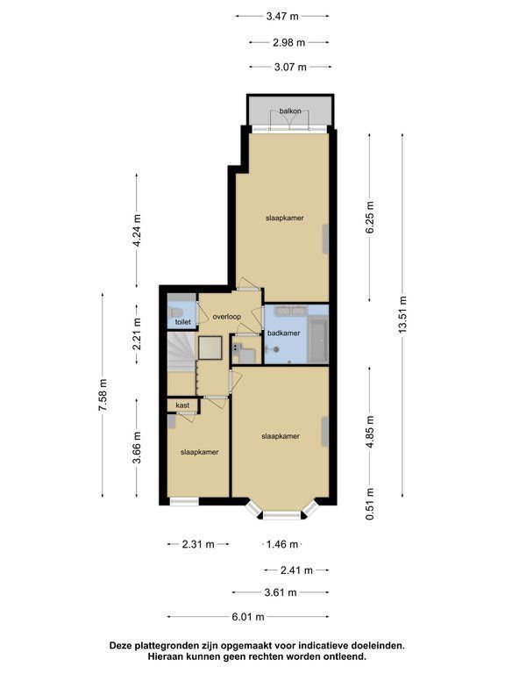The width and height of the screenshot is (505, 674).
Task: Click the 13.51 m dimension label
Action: click(x=402, y=315)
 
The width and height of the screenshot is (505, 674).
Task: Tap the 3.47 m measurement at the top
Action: click(x=282, y=17)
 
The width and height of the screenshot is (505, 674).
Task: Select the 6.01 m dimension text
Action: click(x=248, y=617)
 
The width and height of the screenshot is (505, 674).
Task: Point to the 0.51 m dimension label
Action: click(x=370, y=504)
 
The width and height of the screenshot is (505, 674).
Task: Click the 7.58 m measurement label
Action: click(x=103, y=395)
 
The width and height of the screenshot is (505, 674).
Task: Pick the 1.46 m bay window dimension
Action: click(x=282, y=544)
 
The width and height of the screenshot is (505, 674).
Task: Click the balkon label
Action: click(x=290, y=111)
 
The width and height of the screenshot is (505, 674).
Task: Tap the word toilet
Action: click(x=183, y=321)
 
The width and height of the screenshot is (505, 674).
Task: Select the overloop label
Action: click(x=227, y=317)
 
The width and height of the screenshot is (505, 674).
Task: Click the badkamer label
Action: click(x=283, y=333)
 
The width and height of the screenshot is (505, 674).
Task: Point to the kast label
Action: click(x=182, y=405)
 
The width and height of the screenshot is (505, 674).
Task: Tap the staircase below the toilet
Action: click(x=181, y=352)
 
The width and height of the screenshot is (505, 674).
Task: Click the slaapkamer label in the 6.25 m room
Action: click(x=284, y=218)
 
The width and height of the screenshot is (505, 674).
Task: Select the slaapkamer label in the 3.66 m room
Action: click(x=199, y=452)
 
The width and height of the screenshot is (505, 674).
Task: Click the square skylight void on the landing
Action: click(x=210, y=348)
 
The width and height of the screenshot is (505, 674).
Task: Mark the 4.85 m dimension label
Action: click(x=370, y=432)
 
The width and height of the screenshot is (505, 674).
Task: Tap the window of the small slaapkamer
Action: click(x=184, y=501)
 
